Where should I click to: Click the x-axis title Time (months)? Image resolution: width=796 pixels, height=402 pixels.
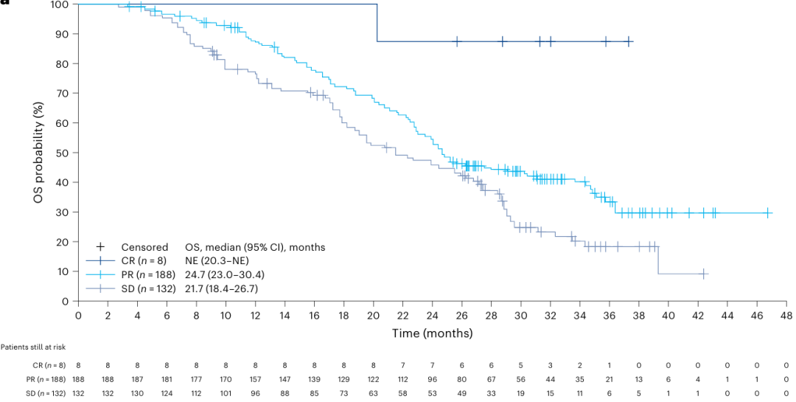[432, 333]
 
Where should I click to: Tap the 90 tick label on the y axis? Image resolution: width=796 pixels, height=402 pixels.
[63, 34]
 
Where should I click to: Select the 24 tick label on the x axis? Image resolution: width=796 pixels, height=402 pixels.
[432, 315]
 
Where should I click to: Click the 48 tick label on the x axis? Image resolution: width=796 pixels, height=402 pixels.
[786, 315]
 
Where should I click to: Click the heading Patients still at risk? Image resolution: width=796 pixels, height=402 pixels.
[35, 347]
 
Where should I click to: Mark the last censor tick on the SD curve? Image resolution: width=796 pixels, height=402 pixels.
[703, 274]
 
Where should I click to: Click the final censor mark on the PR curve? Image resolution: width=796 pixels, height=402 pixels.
[768, 212]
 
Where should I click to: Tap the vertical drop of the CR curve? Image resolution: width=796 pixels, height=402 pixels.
[377, 23]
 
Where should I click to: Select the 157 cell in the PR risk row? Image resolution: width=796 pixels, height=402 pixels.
[255, 379]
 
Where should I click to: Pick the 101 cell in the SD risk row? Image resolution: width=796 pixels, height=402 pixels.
[226, 393]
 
